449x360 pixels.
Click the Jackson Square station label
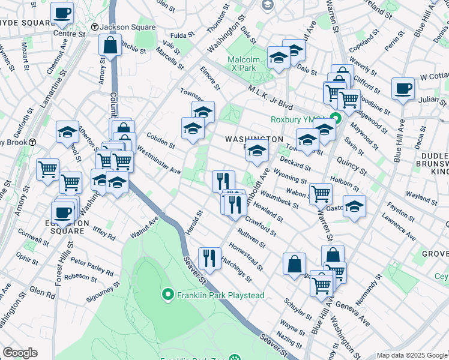pos(127,27)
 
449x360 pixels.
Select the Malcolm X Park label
pos(244,64)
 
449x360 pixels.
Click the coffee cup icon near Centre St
pos(62,13)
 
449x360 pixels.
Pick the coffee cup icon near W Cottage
pos(403,89)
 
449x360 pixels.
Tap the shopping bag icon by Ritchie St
pos(111,45)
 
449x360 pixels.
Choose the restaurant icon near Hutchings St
pos(209,259)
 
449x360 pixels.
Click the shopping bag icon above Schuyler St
pos(295,264)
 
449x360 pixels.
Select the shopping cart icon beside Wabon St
pos(321,194)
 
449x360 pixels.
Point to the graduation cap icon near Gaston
pos(354,206)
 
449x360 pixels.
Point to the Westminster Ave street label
pos(159,160)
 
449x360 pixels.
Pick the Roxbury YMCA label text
pos(292,119)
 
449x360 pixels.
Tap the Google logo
pos(20,353)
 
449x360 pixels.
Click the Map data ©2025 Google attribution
pos(412,355)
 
